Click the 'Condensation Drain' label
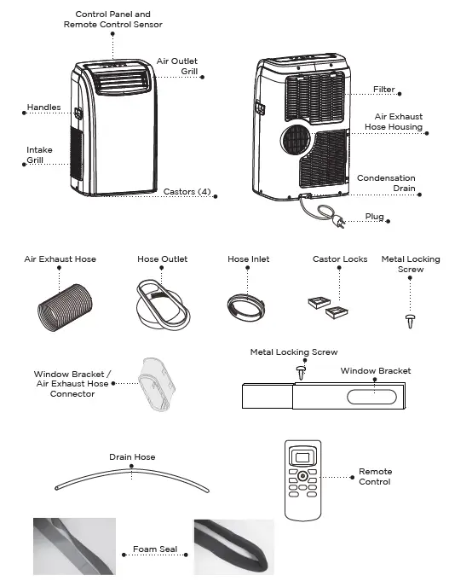386,183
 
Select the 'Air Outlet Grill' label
177,67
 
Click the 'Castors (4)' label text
187,192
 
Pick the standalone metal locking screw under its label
409,320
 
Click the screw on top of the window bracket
300,371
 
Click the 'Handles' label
44,107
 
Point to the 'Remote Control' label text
375,476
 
